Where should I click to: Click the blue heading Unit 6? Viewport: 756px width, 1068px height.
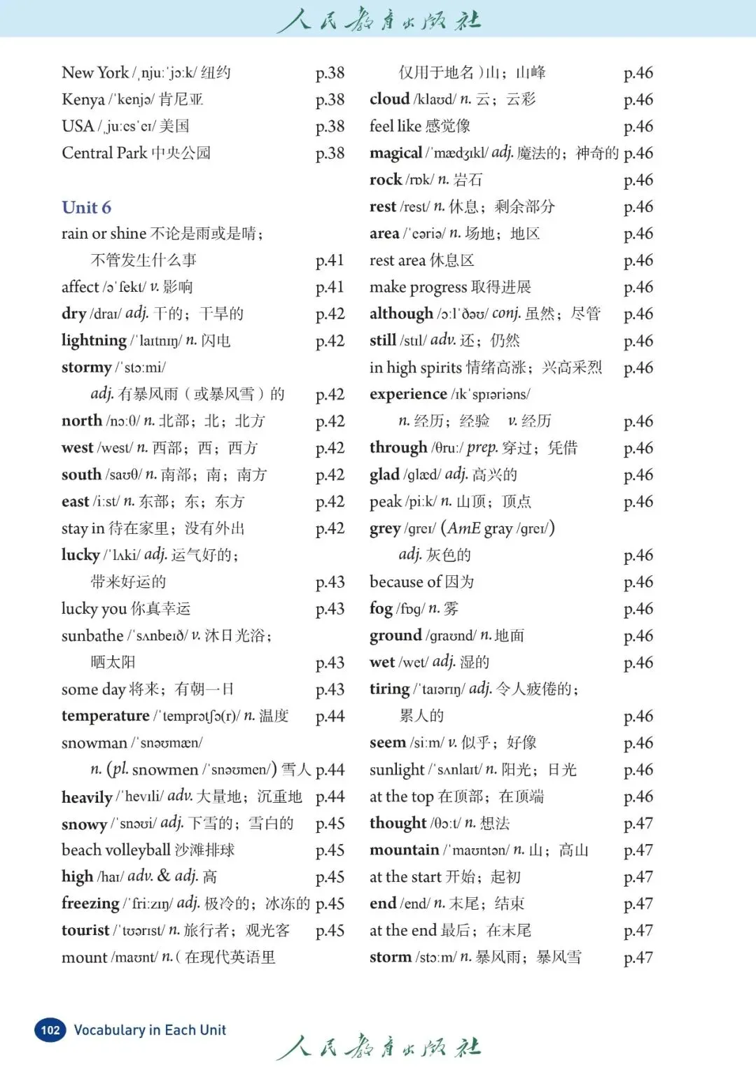86,207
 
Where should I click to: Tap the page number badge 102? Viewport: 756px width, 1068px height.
50,1030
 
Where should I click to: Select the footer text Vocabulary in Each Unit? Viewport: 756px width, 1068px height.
150,1030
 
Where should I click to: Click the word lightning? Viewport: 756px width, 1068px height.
94,340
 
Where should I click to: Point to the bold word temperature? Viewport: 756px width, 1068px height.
105,715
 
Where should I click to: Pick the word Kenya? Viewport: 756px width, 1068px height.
83,99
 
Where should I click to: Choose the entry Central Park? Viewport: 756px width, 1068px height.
104,153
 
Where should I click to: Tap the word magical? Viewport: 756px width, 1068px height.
395,153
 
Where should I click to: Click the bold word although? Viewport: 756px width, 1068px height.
401,314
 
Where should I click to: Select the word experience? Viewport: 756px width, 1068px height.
408,394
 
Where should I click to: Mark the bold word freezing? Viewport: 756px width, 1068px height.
90,904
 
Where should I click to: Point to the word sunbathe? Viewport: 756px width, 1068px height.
92,635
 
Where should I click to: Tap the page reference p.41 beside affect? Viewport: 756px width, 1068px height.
330,287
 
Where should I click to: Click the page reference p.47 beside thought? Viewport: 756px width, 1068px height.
638,823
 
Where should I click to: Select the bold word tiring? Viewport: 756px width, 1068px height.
389,689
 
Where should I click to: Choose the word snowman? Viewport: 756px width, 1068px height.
94,743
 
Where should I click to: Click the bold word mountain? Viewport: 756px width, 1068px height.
404,850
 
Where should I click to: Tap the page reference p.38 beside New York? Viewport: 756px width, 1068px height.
330,73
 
